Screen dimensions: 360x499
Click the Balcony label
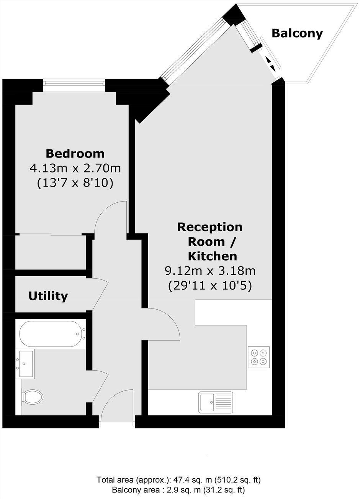click(297, 34)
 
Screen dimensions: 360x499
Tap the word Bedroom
click(75, 154)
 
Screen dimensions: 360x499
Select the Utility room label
click(48, 296)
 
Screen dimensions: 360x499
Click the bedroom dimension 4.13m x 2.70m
click(75, 168)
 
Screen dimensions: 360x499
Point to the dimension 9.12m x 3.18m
click(210, 271)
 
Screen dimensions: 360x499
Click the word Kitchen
click(213, 256)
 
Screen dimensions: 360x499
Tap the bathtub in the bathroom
click(53, 334)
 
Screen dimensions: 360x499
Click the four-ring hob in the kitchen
click(259, 357)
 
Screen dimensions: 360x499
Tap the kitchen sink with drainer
click(216, 402)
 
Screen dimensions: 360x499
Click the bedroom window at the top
click(74, 83)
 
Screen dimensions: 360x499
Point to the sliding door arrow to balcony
click(271, 64)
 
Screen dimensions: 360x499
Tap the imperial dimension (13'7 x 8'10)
click(75, 183)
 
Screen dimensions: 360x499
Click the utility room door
click(100, 295)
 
